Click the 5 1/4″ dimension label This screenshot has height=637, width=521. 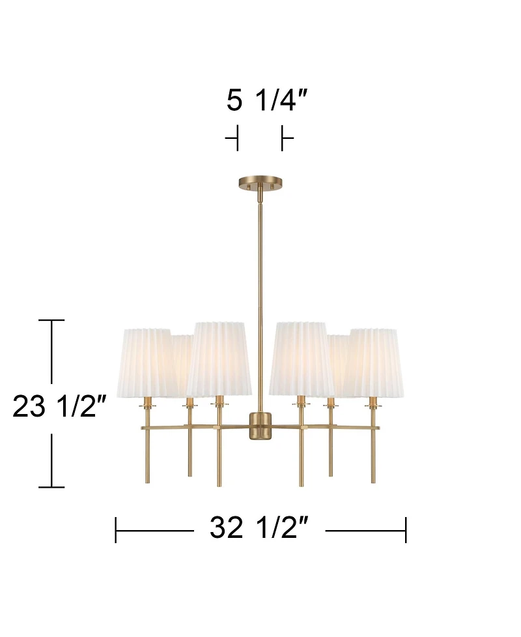pos(266,100)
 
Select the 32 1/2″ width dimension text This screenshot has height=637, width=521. pos(259,527)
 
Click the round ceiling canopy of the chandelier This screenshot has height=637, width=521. pos(260,183)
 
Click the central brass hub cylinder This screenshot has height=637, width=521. pos(260,426)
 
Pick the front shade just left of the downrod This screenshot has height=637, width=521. pos(219,358)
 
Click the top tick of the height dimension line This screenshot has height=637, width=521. pos(52,321)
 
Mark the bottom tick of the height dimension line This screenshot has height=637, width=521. pos(52,486)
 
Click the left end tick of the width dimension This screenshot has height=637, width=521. pos(116,529)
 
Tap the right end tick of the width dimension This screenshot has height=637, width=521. pos(405,529)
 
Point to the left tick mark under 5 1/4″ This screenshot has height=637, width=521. pos(236,138)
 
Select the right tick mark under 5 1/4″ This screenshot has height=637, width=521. pos(283,138)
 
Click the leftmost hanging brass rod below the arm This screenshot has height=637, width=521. pos(148,456)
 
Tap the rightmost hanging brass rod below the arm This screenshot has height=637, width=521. pos(373,456)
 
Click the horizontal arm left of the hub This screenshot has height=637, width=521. pos(195,428)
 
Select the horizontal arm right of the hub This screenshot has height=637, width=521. pos(326,428)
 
